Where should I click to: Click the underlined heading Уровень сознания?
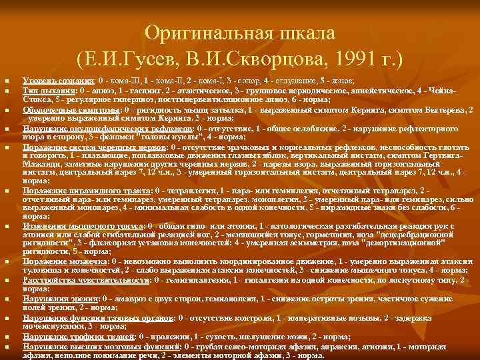pyautogui.click(x=56, y=81)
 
